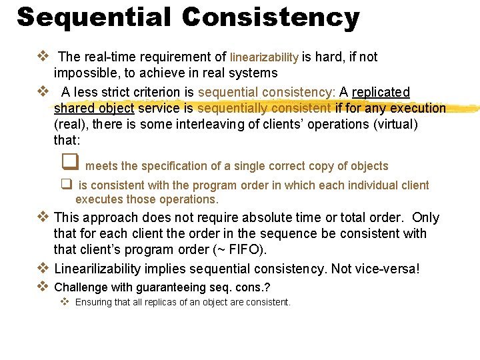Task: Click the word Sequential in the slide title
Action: click(x=94, y=17)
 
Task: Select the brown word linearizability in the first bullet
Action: click(x=264, y=58)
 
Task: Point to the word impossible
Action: click(x=85, y=73)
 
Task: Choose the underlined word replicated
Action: click(x=381, y=92)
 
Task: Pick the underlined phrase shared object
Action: click(x=94, y=108)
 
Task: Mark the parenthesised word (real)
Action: click(x=70, y=124)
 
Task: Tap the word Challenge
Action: click(x=81, y=287)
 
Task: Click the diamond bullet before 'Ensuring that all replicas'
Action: click(x=65, y=302)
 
